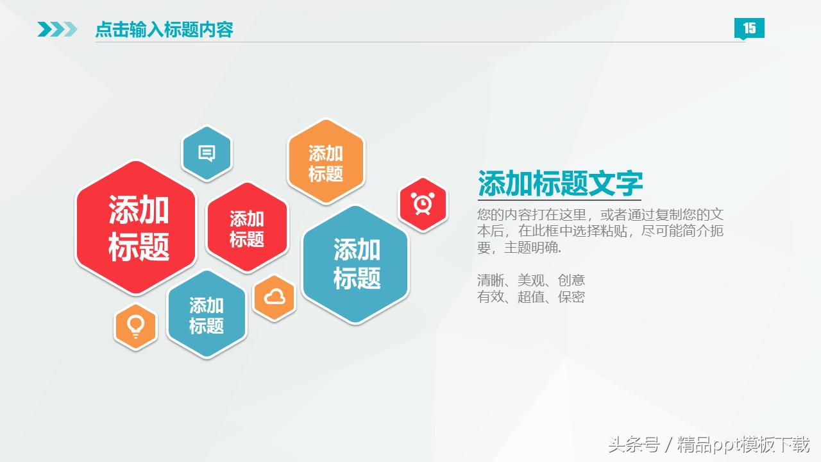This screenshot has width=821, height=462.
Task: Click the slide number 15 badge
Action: [749, 28]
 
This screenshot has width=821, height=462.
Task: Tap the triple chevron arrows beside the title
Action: [58, 30]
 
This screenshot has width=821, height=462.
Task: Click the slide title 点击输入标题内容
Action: [164, 30]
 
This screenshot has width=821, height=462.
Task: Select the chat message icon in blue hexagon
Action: [207, 153]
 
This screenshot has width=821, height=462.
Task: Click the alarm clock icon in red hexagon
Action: [423, 203]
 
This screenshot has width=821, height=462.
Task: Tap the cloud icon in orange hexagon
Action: [275, 296]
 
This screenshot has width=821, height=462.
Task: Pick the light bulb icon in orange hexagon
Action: [135, 327]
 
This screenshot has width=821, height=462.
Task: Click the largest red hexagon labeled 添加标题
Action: [136, 228]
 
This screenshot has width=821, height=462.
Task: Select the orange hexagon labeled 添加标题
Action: [326, 162]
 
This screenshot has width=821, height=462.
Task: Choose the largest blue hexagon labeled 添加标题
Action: [355, 264]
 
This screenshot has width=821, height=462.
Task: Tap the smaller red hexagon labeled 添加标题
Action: [248, 228]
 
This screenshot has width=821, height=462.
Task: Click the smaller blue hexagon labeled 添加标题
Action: [207, 314]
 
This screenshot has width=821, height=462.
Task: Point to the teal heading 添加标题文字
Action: [561, 183]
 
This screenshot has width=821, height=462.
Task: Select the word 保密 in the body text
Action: [571, 296]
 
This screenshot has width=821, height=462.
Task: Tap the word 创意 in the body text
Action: [571, 280]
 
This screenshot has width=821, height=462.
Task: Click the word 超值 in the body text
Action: [530, 296]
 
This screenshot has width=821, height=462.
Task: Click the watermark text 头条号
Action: [634, 445]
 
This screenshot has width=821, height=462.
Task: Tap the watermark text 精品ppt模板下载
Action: [743, 445]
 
